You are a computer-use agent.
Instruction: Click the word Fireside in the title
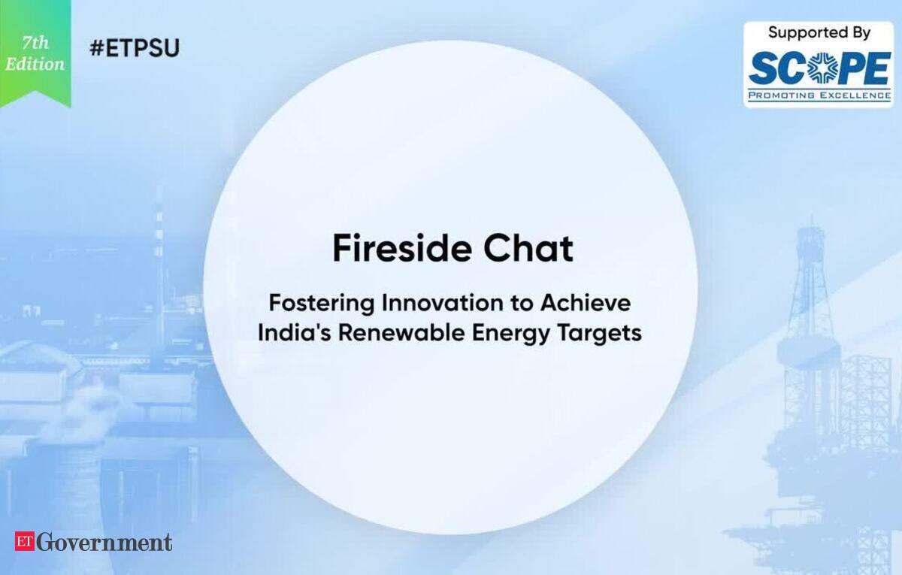pyautogui.click(x=402, y=249)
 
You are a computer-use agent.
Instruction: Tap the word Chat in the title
pyautogui.click(x=528, y=249)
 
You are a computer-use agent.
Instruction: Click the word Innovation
pyautogui.click(x=443, y=303)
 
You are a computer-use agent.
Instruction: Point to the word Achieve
pyautogui.click(x=585, y=303)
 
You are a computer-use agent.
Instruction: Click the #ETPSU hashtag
pyautogui.click(x=135, y=48)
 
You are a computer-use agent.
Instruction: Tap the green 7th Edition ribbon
pyautogui.click(x=35, y=53)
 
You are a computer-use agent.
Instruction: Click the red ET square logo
pyautogui.click(x=25, y=541)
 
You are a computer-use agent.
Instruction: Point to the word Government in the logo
pyautogui.click(x=104, y=543)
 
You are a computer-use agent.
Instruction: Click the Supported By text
pyautogui.click(x=819, y=32)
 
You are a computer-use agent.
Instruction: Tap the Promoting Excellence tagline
pyautogui.click(x=819, y=95)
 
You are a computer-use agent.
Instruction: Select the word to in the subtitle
pyautogui.click(x=522, y=304)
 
